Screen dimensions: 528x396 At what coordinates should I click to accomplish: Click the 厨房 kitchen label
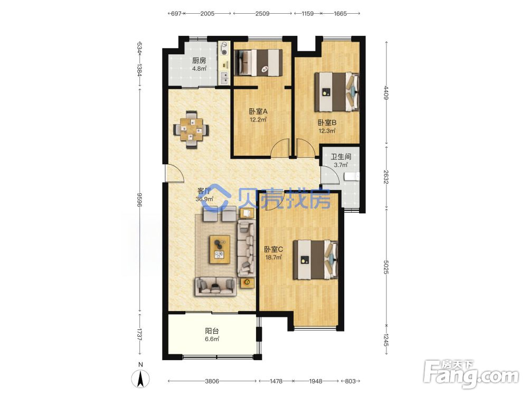click(199, 61)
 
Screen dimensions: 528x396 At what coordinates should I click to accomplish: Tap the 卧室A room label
click(258, 111)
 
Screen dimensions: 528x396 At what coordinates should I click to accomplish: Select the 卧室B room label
click(327, 122)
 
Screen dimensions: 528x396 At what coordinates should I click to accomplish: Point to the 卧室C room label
click(274, 250)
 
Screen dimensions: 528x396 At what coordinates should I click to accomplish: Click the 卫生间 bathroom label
click(341, 157)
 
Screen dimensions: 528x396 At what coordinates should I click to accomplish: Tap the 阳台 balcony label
click(212, 331)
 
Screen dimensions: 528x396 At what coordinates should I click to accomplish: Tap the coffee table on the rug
click(220, 250)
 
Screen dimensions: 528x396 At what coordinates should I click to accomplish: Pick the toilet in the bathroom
click(352, 176)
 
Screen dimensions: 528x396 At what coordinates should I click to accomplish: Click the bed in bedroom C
click(315, 259)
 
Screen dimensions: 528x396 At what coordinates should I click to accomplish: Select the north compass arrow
click(141, 379)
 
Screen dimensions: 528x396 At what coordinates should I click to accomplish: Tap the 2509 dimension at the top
click(262, 14)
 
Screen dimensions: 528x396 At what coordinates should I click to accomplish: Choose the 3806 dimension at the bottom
click(212, 381)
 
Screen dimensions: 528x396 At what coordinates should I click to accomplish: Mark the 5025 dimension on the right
click(386, 266)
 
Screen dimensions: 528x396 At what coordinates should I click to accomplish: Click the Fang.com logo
click(472, 373)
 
